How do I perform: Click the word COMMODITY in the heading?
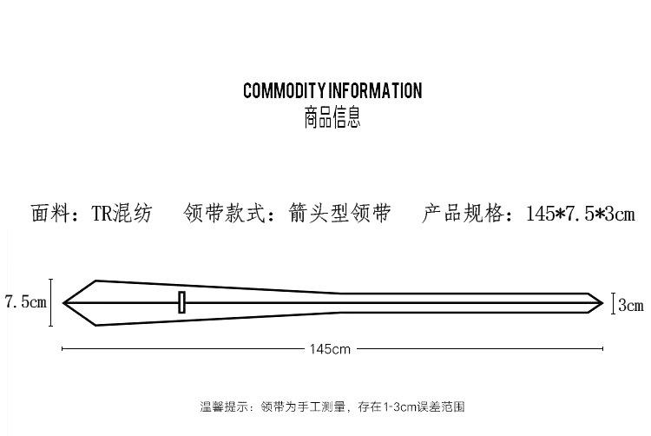(283, 91)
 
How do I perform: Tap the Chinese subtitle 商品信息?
(332, 117)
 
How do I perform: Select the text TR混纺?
(122, 214)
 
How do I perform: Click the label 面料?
(49, 214)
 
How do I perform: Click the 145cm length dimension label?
(330, 349)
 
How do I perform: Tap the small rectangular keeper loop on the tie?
(181, 302)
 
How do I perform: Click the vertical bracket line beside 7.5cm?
(51, 302)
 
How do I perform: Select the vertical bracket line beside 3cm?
(614, 304)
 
